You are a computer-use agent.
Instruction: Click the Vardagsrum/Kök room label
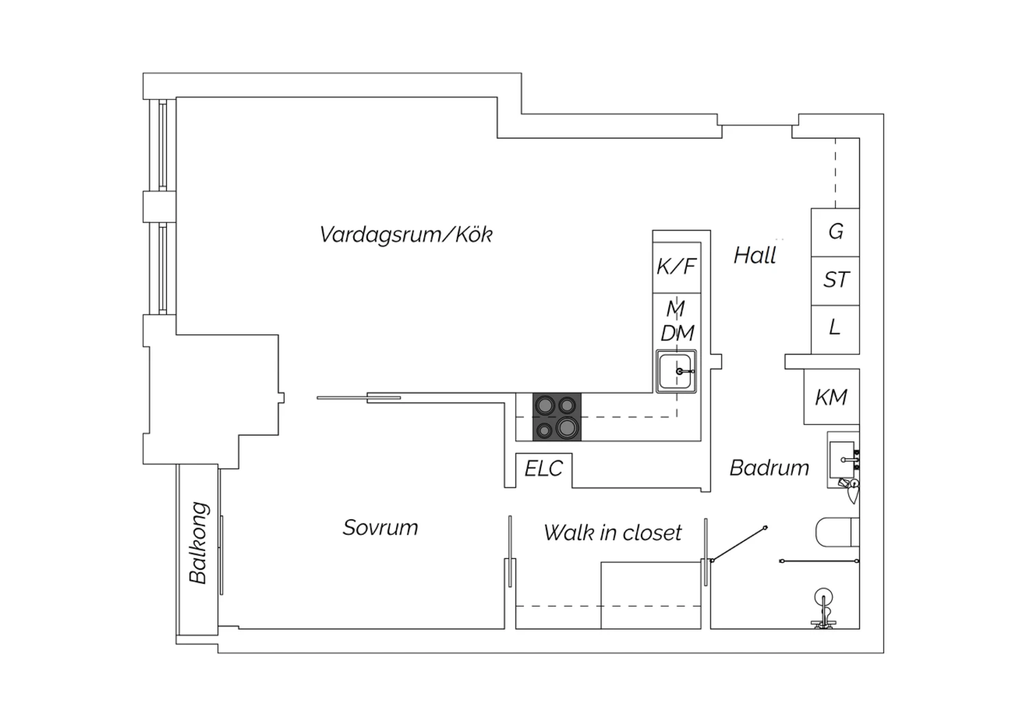(x=406, y=235)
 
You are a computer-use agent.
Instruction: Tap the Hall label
(x=755, y=255)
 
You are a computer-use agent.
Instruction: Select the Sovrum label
(x=380, y=527)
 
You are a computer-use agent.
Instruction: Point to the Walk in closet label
(x=612, y=532)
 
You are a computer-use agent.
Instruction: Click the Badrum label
(x=769, y=468)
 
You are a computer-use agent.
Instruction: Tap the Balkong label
(x=199, y=542)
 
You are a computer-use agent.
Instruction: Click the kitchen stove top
(x=557, y=417)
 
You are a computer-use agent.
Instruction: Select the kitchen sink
(x=676, y=371)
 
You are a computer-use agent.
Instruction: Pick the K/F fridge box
(x=676, y=267)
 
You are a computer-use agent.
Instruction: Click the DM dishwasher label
(x=677, y=333)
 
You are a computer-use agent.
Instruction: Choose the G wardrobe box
(x=835, y=232)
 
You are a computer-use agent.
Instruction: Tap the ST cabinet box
(x=835, y=280)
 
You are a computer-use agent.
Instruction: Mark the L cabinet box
(x=835, y=329)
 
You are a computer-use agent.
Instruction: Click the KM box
(x=831, y=397)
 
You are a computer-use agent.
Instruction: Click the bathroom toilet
(x=837, y=532)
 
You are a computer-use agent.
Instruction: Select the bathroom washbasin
(x=843, y=460)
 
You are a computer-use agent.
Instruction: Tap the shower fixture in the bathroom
(x=824, y=609)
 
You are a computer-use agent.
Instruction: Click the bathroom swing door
(x=738, y=544)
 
